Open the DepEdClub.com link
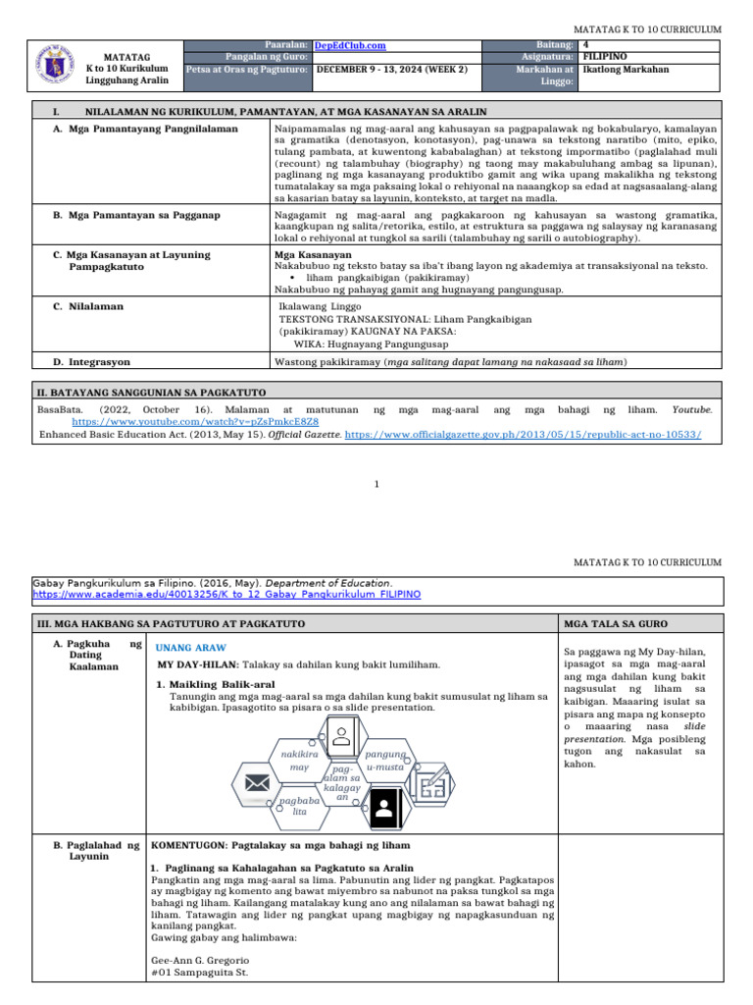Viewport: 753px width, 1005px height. (x=350, y=45)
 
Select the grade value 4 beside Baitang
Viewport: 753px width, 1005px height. (x=585, y=44)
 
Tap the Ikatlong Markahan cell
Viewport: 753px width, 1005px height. (x=628, y=70)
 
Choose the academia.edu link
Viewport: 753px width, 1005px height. (x=226, y=595)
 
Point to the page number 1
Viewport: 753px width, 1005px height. (x=377, y=483)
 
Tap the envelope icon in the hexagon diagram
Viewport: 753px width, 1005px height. (x=258, y=783)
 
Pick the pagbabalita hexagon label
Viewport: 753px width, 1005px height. (x=300, y=807)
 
